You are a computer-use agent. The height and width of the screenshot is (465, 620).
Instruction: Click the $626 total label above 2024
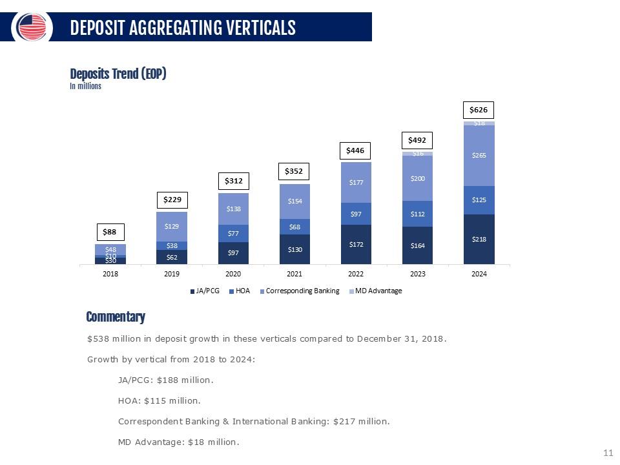pyautogui.click(x=479, y=110)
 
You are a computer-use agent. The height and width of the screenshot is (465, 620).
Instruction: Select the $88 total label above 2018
pyautogui.click(x=110, y=231)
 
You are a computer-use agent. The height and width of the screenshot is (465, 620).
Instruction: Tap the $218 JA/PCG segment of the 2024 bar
pyautogui.click(x=479, y=239)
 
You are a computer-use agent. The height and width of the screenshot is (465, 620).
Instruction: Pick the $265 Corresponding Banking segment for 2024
pyautogui.click(x=479, y=156)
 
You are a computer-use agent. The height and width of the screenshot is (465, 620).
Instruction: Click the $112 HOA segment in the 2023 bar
pyautogui.click(x=417, y=214)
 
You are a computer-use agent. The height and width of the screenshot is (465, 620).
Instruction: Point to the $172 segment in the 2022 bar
pyautogui.click(x=356, y=245)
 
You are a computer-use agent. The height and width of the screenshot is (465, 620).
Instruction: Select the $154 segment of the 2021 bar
pyautogui.click(x=294, y=201)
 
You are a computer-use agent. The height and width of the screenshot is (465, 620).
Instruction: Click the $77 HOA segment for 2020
pyautogui.click(x=233, y=233)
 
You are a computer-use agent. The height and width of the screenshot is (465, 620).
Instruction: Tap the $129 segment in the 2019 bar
pyautogui.click(x=172, y=226)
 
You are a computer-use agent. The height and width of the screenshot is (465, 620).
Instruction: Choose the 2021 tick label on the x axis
pyautogui.click(x=294, y=274)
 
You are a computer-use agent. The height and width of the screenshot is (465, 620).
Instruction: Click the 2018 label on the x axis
pyautogui.click(x=110, y=274)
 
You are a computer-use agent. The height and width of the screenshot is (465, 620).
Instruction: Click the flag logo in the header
pyautogui.click(x=32, y=27)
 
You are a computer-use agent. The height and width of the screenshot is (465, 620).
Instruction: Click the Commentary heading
pyautogui.click(x=116, y=317)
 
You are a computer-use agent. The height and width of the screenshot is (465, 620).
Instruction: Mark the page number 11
pyautogui.click(x=607, y=453)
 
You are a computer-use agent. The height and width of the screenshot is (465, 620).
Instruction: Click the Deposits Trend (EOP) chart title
pyautogui.click(x=118, y=74)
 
